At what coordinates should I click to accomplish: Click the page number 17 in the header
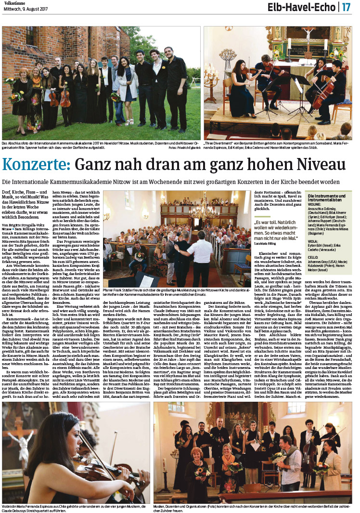347,8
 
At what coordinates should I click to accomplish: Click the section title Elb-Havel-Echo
309,8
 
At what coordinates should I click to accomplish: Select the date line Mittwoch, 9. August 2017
26,9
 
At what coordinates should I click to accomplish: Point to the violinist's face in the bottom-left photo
51,439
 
